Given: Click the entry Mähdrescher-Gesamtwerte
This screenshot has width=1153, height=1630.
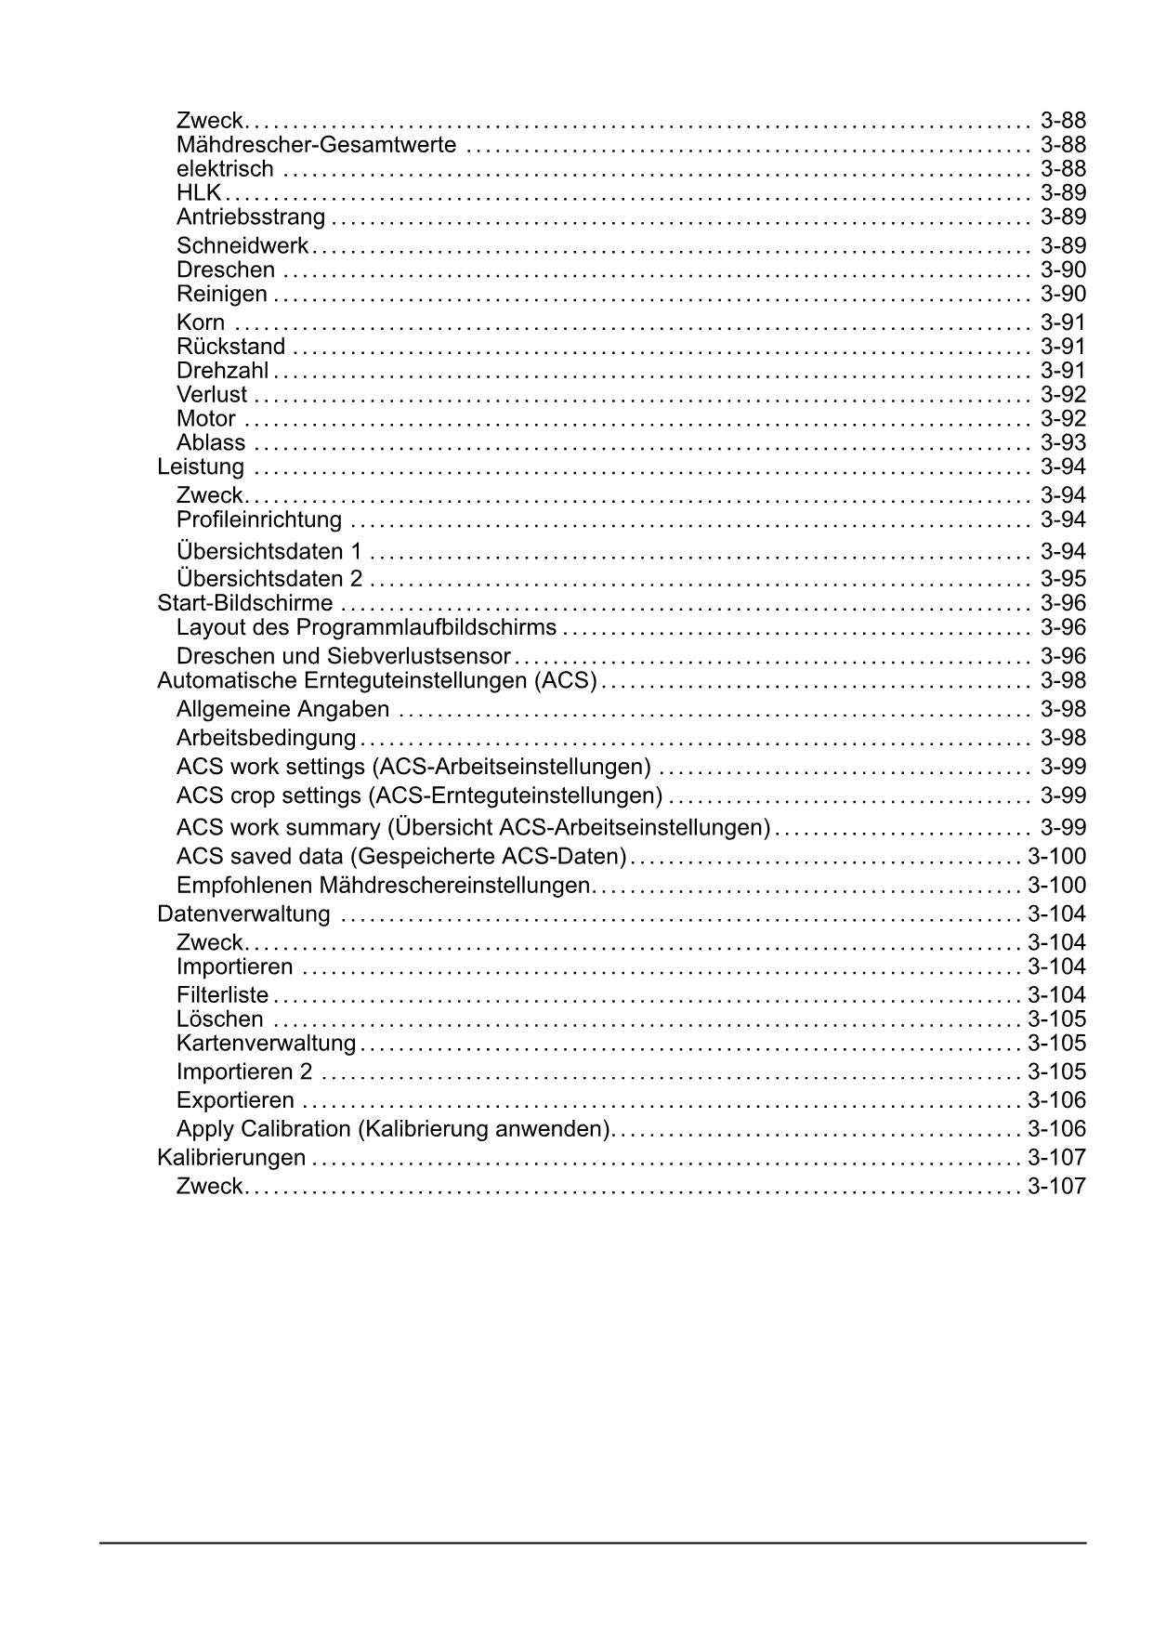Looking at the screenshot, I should coord(316,145).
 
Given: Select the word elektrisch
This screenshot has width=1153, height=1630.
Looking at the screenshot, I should coord(225,169).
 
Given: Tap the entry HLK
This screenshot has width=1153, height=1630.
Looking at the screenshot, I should coord(199,193).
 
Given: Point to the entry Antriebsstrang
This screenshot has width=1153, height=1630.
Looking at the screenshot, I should coord(251,217).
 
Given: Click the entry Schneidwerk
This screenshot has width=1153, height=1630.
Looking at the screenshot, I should coord(242,246).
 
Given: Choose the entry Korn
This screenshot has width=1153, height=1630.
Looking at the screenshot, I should coord(201,322).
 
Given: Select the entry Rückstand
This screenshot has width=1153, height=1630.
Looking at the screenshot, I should coord(230,347).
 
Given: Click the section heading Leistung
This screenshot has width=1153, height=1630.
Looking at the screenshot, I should coord(201,467).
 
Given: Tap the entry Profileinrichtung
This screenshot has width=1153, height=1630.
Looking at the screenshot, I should coord(259,519).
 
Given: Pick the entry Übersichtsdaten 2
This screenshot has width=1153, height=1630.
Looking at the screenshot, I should coord(269,579).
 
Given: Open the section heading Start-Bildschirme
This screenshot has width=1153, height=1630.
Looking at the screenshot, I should coord(244,603).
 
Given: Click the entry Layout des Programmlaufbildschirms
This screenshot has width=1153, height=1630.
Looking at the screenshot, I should coord(366,627).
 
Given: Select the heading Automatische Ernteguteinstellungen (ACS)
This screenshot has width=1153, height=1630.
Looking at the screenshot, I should coord(376,680).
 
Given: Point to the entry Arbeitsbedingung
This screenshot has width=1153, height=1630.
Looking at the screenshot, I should coord(266,738).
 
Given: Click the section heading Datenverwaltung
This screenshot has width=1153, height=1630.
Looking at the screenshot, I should coord(243,914).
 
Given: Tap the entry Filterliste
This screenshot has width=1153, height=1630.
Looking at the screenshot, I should coord(222,995).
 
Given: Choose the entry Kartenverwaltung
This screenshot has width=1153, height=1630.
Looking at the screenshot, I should coord(266,1044).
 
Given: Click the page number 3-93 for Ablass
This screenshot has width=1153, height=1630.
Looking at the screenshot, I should coord(1063,443).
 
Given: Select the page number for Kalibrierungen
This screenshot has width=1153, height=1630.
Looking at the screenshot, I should coord(1056,1158).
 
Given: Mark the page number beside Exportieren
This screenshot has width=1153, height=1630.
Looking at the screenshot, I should coord(1056,1101).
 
